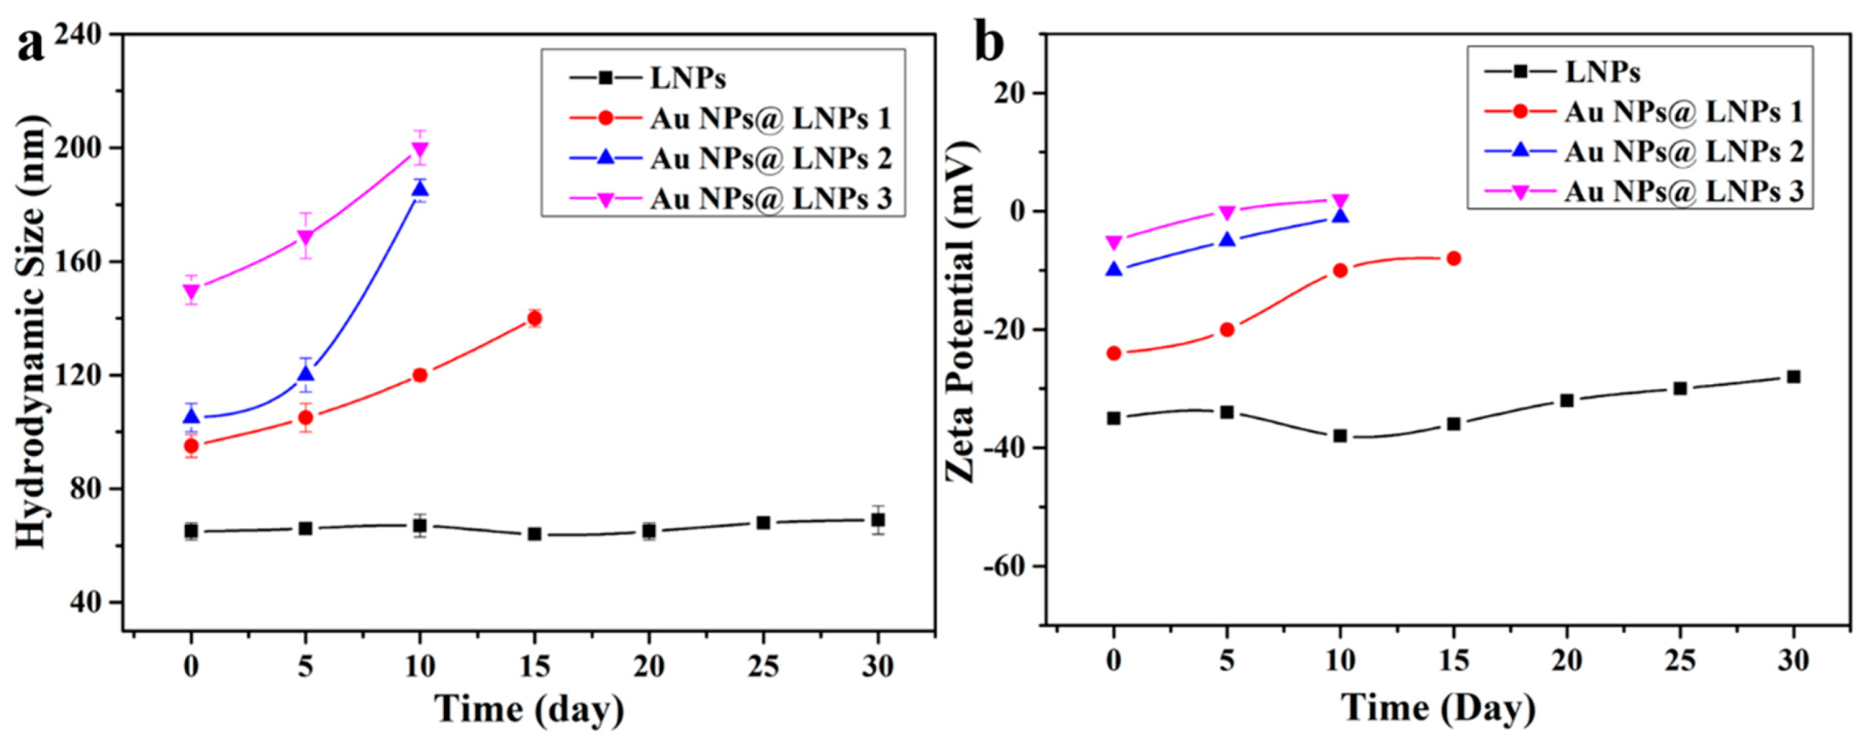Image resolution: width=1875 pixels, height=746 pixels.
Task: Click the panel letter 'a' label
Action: [x=30, y=46]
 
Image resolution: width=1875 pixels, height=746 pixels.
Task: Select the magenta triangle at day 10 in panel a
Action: [x=420, y=150]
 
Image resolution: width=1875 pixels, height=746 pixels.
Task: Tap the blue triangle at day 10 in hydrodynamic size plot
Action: [x=420, y=189]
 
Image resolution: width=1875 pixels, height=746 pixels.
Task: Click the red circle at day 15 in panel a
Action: [x=534, y=318]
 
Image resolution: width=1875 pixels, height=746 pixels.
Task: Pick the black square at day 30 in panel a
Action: [x=877, y=520]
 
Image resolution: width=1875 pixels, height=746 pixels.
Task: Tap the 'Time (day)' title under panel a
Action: [x=530, y=709]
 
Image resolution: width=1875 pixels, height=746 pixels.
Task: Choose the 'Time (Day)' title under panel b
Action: [x=1439, y=708]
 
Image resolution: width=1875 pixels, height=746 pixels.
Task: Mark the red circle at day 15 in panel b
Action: [x=1453, y=258]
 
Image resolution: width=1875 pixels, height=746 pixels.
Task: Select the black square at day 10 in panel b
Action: [x=1340, y=435]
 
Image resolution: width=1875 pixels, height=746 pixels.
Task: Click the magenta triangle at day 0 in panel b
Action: [x=1114, y=242]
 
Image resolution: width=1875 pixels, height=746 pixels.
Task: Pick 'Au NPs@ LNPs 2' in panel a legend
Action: [x=769, y=159]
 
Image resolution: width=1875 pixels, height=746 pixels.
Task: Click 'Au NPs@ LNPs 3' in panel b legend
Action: [x=1683, y=192]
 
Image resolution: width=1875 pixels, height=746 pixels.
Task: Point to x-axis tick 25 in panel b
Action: [x=1680, y=662]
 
